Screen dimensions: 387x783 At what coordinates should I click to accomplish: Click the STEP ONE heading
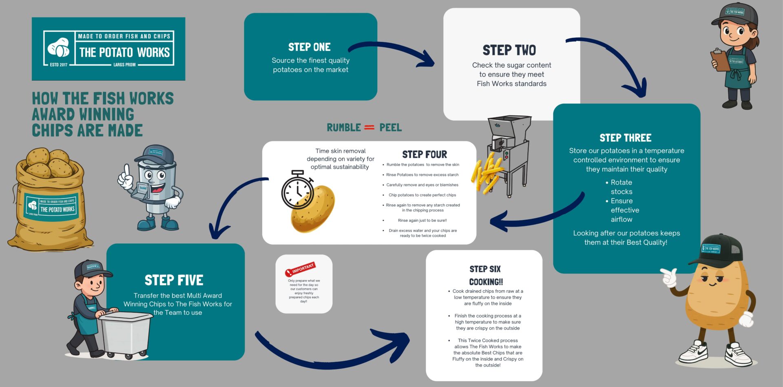[x=309, y=47]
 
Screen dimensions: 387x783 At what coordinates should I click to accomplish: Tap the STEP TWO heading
[x=509, y=50]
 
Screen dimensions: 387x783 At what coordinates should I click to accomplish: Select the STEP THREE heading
[x=625, y=138]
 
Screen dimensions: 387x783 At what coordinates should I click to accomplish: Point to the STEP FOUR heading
[x=425, y=155]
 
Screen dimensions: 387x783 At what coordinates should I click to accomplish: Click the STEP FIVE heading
[x=174, y=280]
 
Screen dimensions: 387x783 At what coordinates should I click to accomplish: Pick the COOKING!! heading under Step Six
[x=486, y=282]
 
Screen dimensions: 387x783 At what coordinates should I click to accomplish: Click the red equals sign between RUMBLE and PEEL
[x=369, y=128]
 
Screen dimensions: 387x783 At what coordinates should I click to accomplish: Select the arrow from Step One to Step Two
[x=391, y=51]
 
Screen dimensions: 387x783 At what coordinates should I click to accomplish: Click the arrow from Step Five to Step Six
[x=334, y=353]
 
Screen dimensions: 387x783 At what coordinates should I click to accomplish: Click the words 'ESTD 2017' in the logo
[x=59, y=64]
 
